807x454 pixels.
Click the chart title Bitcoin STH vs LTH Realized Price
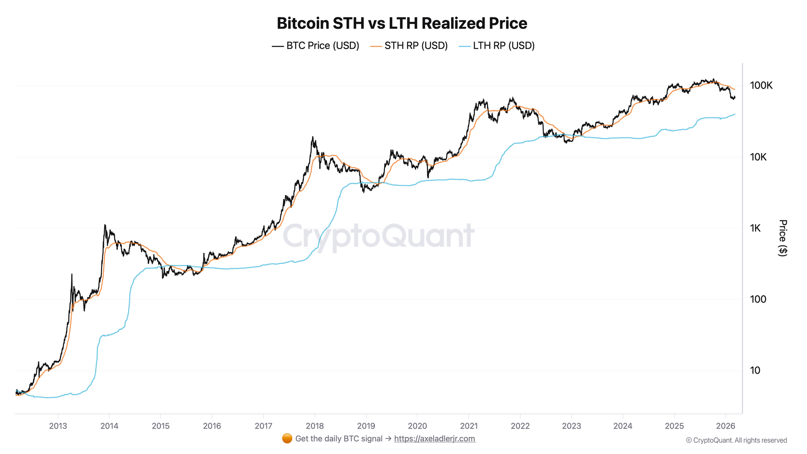(402, 23)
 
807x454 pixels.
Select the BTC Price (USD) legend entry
(316, 46)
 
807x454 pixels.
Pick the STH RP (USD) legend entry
(409, 46)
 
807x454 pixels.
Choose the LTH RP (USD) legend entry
(497, 46)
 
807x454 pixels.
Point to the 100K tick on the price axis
(761, 86)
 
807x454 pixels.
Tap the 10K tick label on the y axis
(758, 157)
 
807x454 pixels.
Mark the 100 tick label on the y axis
(758, 299)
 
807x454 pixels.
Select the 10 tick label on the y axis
(755, 370)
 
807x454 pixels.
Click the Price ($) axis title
(783, 238)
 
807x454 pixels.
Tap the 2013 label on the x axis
(58, 426)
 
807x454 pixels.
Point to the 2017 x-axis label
(263, 426)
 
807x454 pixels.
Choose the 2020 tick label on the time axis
(417, 426)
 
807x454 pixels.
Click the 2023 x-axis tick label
(571, 426)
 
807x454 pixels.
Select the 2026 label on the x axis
(725, 426)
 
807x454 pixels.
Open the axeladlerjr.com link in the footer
(435, 439)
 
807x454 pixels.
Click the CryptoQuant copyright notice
(736, 440)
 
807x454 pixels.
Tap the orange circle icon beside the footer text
(287, 439)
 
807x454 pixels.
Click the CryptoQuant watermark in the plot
(378, 236)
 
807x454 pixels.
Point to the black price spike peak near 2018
(313, 137)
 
